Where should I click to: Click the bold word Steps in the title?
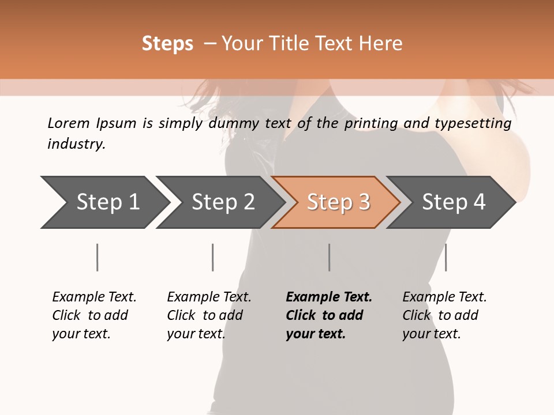tap(167, 44)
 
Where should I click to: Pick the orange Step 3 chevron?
tap(336, 202)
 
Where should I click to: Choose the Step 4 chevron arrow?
tap(452, 202)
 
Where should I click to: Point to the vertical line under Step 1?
tap(97, 257)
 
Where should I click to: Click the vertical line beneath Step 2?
tap(212, 257)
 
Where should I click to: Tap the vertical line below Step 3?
tap(329, 257)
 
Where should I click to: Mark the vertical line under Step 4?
tap(446, 257)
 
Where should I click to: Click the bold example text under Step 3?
tap(328, 315)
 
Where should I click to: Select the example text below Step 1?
tap(94, 315)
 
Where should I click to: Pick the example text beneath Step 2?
tap(209, 315)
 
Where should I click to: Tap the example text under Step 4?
tap(444, 315)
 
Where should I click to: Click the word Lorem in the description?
tap(68, 123)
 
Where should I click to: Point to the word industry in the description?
tap(76, 144)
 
